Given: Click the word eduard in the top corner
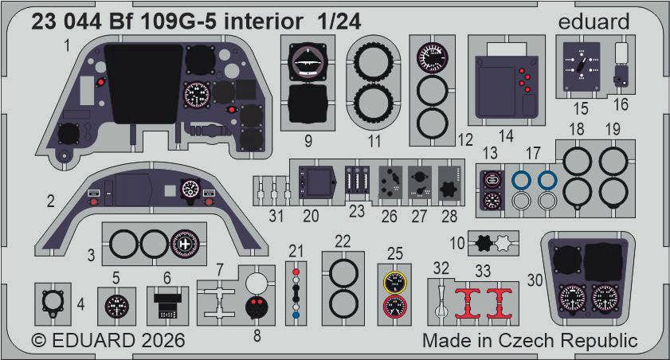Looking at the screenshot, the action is pyautogui.click(x=594, y=22).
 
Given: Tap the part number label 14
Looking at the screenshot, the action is pyautogui.click(x=506, y=136).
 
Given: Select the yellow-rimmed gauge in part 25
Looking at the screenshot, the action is pyautogui.click(x=395, y=282).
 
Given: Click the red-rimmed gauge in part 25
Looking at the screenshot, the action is pyautogui.click(x=395, y=307).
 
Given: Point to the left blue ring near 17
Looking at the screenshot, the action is pyautogui.click(x=521, y=180).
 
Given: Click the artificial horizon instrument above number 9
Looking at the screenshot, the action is pyautogui.click(x=308, y=62).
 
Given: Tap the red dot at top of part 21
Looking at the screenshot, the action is pyautogui.click(x=296, y=272).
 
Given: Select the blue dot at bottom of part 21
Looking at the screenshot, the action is pyautogui.click(x=296, y=315).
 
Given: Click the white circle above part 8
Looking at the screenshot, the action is pyautogui.click(x=257, y=282).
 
